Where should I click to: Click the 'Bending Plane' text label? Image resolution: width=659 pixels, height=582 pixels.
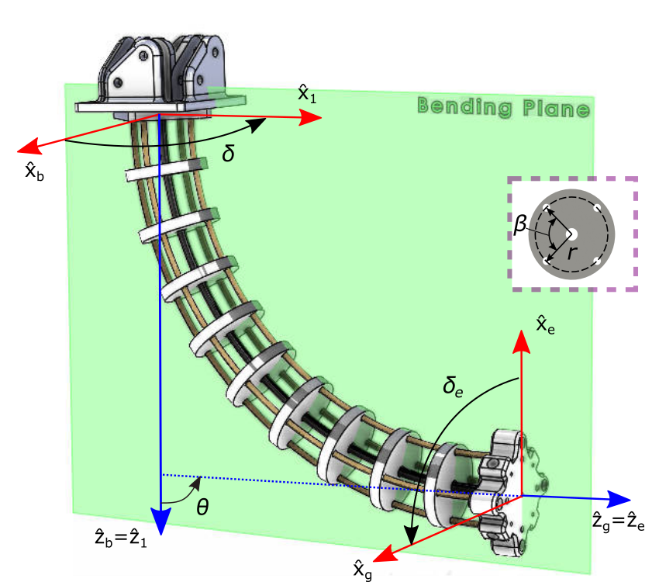coord(502,107)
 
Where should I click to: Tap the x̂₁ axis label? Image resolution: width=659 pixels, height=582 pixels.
coord(307,94)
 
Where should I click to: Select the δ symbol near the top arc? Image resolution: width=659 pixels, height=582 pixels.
coord(228,154)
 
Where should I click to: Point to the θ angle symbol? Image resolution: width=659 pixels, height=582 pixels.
coord(202,508)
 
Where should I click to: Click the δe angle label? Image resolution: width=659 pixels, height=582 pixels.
coord(453,386)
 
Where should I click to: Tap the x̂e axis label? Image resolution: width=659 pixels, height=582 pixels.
coord(545,323)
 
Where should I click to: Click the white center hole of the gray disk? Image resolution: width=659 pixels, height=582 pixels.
coord(572,234)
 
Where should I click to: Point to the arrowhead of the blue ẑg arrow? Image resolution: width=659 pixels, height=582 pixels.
coord(621,497)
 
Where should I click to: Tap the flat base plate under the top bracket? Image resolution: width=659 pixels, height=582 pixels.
coord(160,107)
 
